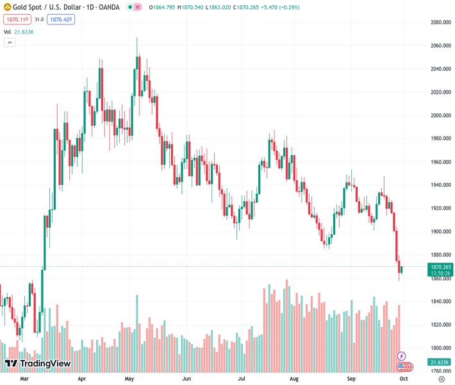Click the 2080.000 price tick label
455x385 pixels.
[x=440, y=22]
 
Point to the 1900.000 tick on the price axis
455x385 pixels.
[x=440, y=232]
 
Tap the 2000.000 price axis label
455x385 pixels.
[x=440, y=116]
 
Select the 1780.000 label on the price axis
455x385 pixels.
[x=440, y=371]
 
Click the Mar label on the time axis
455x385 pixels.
[x=24, y=379]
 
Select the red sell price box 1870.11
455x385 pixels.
[x=15, y=20]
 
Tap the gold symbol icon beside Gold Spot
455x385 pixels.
[x=8, y=7]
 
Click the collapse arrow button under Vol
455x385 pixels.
[x=10, y=42]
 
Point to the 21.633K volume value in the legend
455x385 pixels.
[x=24, y=31]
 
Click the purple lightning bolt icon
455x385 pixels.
[x=402, y=355]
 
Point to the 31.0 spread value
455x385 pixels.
[x=39, y=20]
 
